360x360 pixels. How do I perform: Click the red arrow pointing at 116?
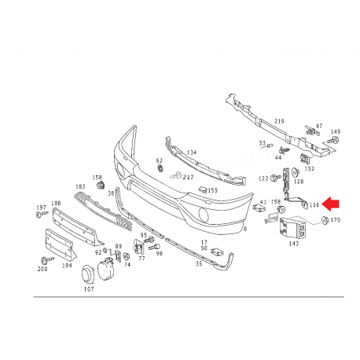[330, 204]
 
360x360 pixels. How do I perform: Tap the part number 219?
[279, 121]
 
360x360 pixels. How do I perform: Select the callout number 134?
[192, 152]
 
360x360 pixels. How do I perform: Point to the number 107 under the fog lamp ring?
[89, 289]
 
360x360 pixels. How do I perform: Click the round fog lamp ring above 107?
[88, 274]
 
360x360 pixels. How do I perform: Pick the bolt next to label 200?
[46, 260]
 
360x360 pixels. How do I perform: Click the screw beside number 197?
[42, 215]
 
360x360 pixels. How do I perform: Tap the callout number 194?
[67, 266]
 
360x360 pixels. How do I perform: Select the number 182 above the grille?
[80, 186]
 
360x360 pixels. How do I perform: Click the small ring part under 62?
[160, 168]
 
